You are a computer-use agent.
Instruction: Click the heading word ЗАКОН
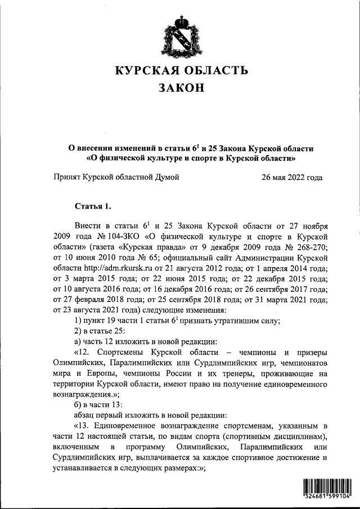[180, 88]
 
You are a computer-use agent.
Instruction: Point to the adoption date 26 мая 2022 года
[292, 177]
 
